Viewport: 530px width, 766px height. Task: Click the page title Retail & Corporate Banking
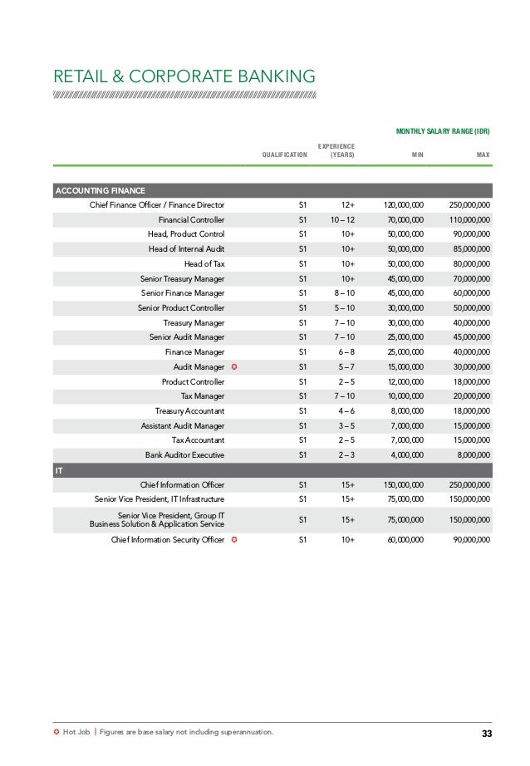click(184, 76)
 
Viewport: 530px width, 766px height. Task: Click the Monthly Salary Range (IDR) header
click(443, 131)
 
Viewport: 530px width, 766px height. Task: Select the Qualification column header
click(284, 155)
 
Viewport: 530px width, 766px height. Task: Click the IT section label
click(59, 470)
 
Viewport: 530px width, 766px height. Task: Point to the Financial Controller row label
click(191, 220)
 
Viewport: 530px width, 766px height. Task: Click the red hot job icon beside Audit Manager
click(236, 366)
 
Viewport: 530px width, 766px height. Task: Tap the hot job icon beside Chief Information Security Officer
click(236, 539)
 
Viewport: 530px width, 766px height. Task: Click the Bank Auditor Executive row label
click(184, 454)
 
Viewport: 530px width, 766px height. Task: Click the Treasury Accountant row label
click(189, 411)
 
